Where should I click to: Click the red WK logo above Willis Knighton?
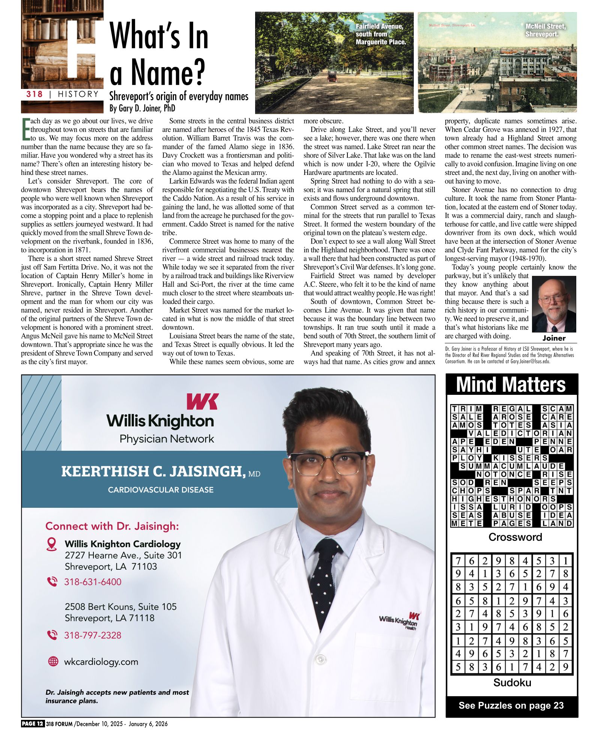coord(203,401)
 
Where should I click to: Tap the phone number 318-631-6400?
coord(93,582)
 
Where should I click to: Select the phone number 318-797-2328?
coord(93,635)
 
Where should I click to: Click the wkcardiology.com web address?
coord(101,662)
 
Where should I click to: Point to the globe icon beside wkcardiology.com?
coord(53,661)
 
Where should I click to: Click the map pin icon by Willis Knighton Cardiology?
coord(51,544)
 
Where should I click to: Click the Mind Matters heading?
coord(511,384)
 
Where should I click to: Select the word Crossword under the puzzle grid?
coord(515,537)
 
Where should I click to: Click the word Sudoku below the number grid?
coord(512,682)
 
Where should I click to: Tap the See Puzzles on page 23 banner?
coord(511,705)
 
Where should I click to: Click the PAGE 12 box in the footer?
coord(33,724)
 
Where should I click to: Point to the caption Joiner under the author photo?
coord(554,338)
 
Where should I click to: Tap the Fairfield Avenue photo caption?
coord(380,34)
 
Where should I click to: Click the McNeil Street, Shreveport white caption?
coord(545,30)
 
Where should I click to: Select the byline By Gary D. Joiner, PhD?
coord(142,108)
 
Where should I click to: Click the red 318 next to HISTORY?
coord(35,94)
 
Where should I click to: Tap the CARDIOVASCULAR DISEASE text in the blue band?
coord(161,490)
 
